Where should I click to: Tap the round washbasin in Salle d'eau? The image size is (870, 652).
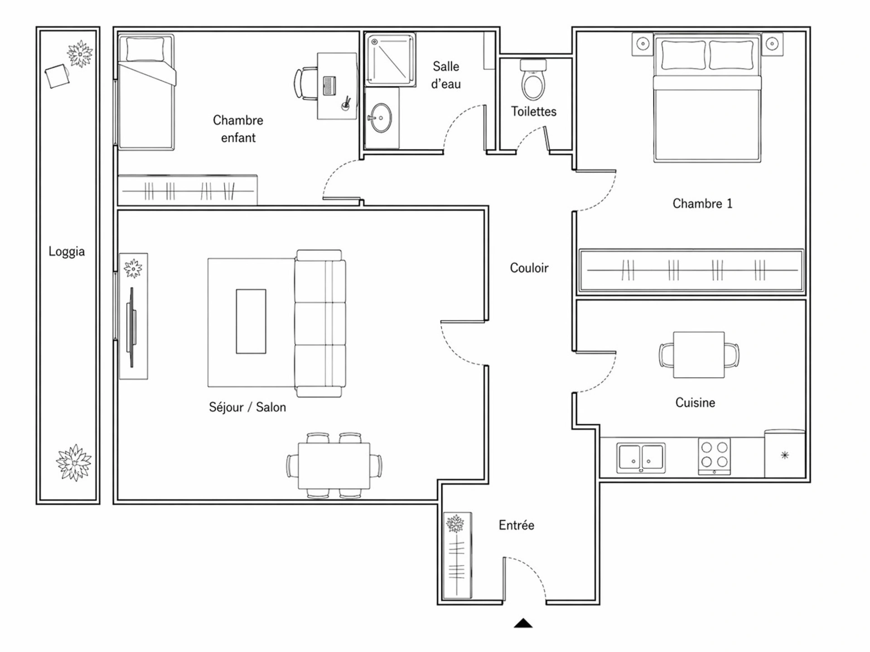click(x=381, y=118)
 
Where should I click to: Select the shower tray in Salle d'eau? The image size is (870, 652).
click(x=390, y=59)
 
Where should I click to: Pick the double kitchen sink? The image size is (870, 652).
click(x=641, y=458)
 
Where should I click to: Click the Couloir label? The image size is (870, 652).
click(x=529, y=268)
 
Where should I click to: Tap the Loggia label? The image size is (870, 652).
click(x=67, y=251)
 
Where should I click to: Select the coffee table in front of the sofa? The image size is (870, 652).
click(x=251, y=321)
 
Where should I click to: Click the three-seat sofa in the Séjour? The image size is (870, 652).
click(x=320, y=323)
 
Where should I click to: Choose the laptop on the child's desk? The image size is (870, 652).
click(x=329, y=86)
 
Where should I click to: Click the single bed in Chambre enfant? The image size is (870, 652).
click(x=146, y=92)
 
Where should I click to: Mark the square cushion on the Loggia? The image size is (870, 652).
click(x=57, y=76)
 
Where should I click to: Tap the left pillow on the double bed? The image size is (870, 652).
click(x=683, y=55)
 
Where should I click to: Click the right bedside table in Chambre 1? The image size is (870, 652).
click(x=772, y=44)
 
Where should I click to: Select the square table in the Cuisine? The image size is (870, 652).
click(x=699, y=355)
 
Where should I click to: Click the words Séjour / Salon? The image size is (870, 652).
click(x=247, y=407)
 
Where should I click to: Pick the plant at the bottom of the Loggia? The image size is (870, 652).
click(x=74, y=462)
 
